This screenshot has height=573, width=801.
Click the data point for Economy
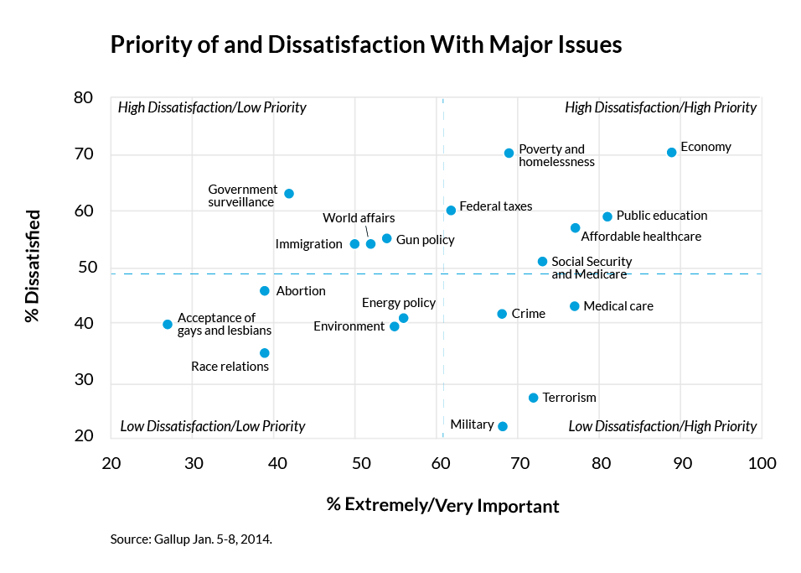(671, 153)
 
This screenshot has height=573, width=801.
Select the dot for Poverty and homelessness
(509, 154)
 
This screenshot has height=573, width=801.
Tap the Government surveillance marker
(289, 194)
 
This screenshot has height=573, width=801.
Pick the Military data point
(503, 426)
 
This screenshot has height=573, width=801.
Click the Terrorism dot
(533, 398)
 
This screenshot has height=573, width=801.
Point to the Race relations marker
(265, 353)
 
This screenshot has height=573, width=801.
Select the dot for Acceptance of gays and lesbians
(168, 324)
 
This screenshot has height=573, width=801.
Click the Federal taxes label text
(496, 206)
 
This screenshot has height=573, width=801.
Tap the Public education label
(662, 216)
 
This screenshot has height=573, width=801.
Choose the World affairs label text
(359, 218)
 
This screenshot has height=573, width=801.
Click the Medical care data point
(574, 306)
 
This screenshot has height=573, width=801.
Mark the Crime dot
(502, 314)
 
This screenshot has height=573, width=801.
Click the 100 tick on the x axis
(761, 464)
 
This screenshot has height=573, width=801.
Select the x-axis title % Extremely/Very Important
(442, 506)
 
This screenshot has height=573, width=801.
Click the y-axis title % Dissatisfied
(33, 267)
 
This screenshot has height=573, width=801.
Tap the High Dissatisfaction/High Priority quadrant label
(660, 107)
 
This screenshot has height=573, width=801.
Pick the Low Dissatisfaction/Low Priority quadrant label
(213, 426)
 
